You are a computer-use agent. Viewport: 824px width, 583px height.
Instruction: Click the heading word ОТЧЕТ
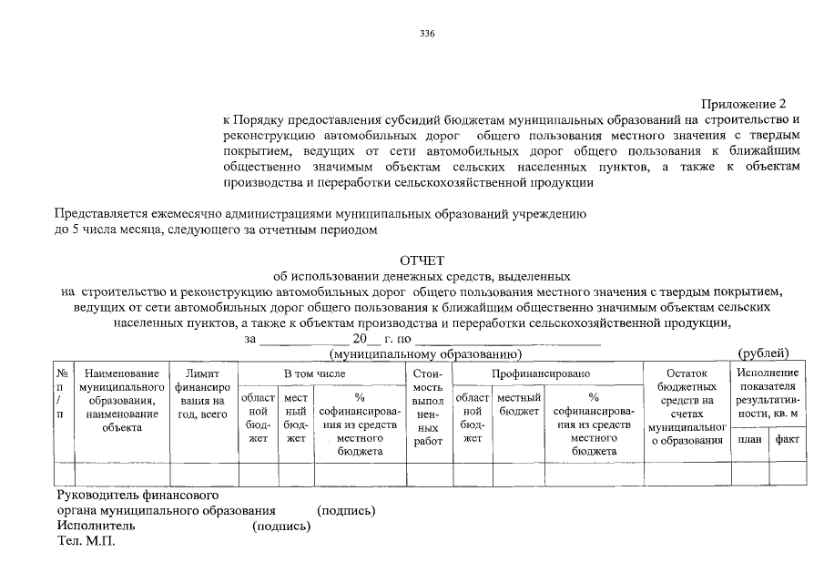point(427,261)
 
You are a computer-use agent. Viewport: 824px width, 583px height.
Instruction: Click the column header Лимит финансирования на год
point(203,394)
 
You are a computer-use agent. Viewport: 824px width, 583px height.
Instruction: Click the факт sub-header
point(787,438)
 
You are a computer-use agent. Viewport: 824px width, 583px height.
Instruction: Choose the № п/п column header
point(62,394)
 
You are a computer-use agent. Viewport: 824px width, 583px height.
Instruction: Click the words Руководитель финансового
point(136,496)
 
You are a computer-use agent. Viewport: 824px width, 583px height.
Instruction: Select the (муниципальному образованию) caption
point(423,353)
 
